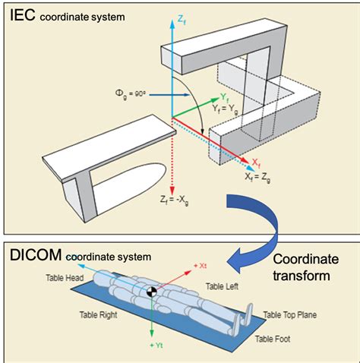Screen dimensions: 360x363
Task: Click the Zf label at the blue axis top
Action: (182, 20)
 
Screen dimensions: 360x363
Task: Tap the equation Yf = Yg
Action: (225, 109)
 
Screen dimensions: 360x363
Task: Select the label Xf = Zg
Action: (257, 178)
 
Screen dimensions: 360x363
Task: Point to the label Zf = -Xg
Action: (175, 200)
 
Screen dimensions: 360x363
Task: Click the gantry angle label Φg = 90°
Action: (130, 94)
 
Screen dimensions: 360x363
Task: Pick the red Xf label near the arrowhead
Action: (256, 163)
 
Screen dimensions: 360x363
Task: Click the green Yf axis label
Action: (225, 97)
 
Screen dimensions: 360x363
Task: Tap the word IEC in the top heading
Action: (22, 15)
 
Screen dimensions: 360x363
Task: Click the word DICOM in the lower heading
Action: (36, 255)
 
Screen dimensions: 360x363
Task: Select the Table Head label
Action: (65, 278)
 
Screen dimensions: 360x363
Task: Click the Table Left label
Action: (222, 286)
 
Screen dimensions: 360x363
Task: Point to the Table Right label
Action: (99, 315)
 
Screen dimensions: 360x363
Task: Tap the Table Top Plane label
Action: (290, 315)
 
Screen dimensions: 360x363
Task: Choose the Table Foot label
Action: (273, 339)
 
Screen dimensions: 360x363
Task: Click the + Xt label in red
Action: (201, 266)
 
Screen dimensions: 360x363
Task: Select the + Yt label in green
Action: (156, 346)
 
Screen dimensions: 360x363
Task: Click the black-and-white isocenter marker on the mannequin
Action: (152, 292)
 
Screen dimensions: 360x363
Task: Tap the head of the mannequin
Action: (100, 277)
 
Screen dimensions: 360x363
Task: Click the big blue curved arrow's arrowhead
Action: (238, 260)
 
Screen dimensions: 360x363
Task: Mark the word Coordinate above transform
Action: (306, 259)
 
